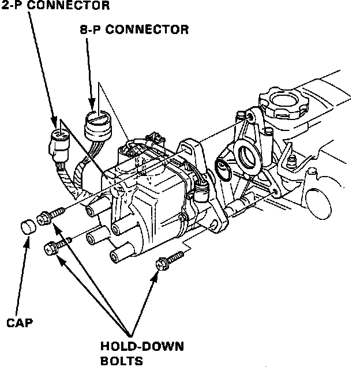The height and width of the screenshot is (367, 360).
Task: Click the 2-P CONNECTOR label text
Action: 55,5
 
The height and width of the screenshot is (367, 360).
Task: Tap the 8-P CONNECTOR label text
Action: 134,30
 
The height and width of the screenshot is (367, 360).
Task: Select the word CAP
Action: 20,323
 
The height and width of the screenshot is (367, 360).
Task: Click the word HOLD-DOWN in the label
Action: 142,347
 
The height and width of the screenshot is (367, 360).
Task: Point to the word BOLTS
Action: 122,361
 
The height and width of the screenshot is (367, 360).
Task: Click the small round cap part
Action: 28,227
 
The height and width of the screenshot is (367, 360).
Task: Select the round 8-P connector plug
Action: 98,126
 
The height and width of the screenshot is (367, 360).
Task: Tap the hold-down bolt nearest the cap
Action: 50,215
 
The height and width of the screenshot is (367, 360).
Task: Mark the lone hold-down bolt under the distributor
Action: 170,260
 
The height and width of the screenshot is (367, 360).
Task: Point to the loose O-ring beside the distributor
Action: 223,169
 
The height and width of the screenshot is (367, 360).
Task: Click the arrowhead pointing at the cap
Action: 27,242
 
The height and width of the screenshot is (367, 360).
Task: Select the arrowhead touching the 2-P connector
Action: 54,122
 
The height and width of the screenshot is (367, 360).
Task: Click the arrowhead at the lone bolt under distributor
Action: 155,276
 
